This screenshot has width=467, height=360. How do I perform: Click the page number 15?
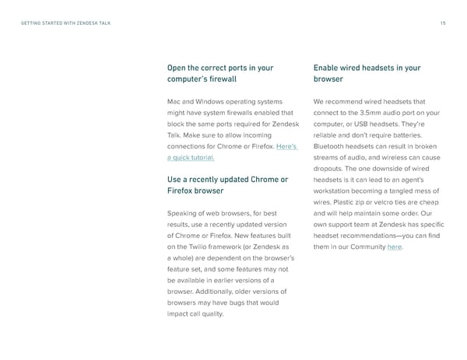click(442, 23)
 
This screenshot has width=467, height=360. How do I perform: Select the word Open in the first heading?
click(177, 68)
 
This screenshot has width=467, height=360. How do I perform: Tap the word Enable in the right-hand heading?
click(328, 68)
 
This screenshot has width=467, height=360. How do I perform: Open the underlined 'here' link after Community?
click(395, 247)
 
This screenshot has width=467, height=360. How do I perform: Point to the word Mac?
click(174, 101)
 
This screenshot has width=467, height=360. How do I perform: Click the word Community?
click(365, 247)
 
